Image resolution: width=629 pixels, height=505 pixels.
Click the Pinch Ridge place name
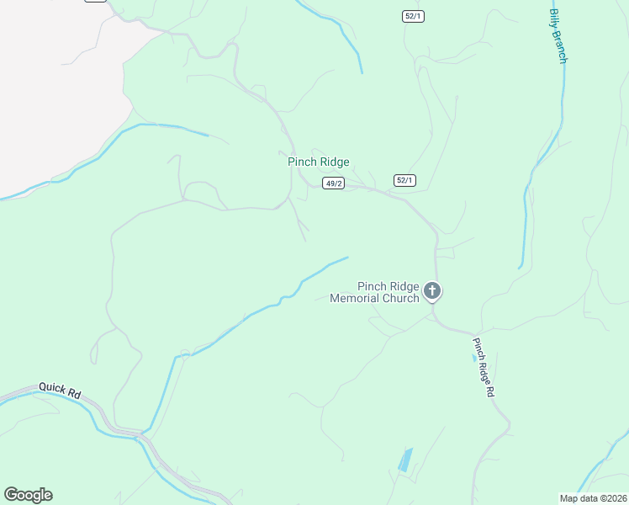click(318, 162)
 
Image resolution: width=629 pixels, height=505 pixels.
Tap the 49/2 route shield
click(334, 183)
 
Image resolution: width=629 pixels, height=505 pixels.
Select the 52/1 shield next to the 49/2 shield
click(404, 180)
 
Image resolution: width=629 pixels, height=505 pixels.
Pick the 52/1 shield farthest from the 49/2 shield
click(411, 17)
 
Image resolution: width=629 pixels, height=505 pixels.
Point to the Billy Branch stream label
click(559, 36)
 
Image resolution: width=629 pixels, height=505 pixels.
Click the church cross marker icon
click(432, 291)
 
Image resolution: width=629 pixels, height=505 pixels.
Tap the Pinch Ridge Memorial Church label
click(375, 292)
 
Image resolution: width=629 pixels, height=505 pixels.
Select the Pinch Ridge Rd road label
click(483, 368)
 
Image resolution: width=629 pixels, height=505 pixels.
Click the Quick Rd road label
click(59, 391)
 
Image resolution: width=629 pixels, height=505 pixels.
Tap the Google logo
click(28, 495)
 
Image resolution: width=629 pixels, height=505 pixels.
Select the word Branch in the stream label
click(561, 45)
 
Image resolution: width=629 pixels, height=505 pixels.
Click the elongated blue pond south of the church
click(405, 460)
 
